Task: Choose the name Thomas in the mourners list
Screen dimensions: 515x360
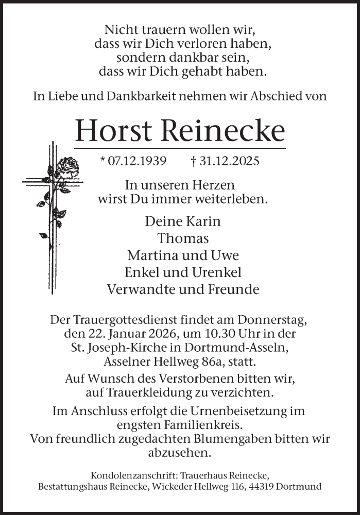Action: point(183,238)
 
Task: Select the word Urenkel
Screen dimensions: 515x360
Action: point(216,272)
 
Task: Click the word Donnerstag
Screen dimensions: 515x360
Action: point(277,320)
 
